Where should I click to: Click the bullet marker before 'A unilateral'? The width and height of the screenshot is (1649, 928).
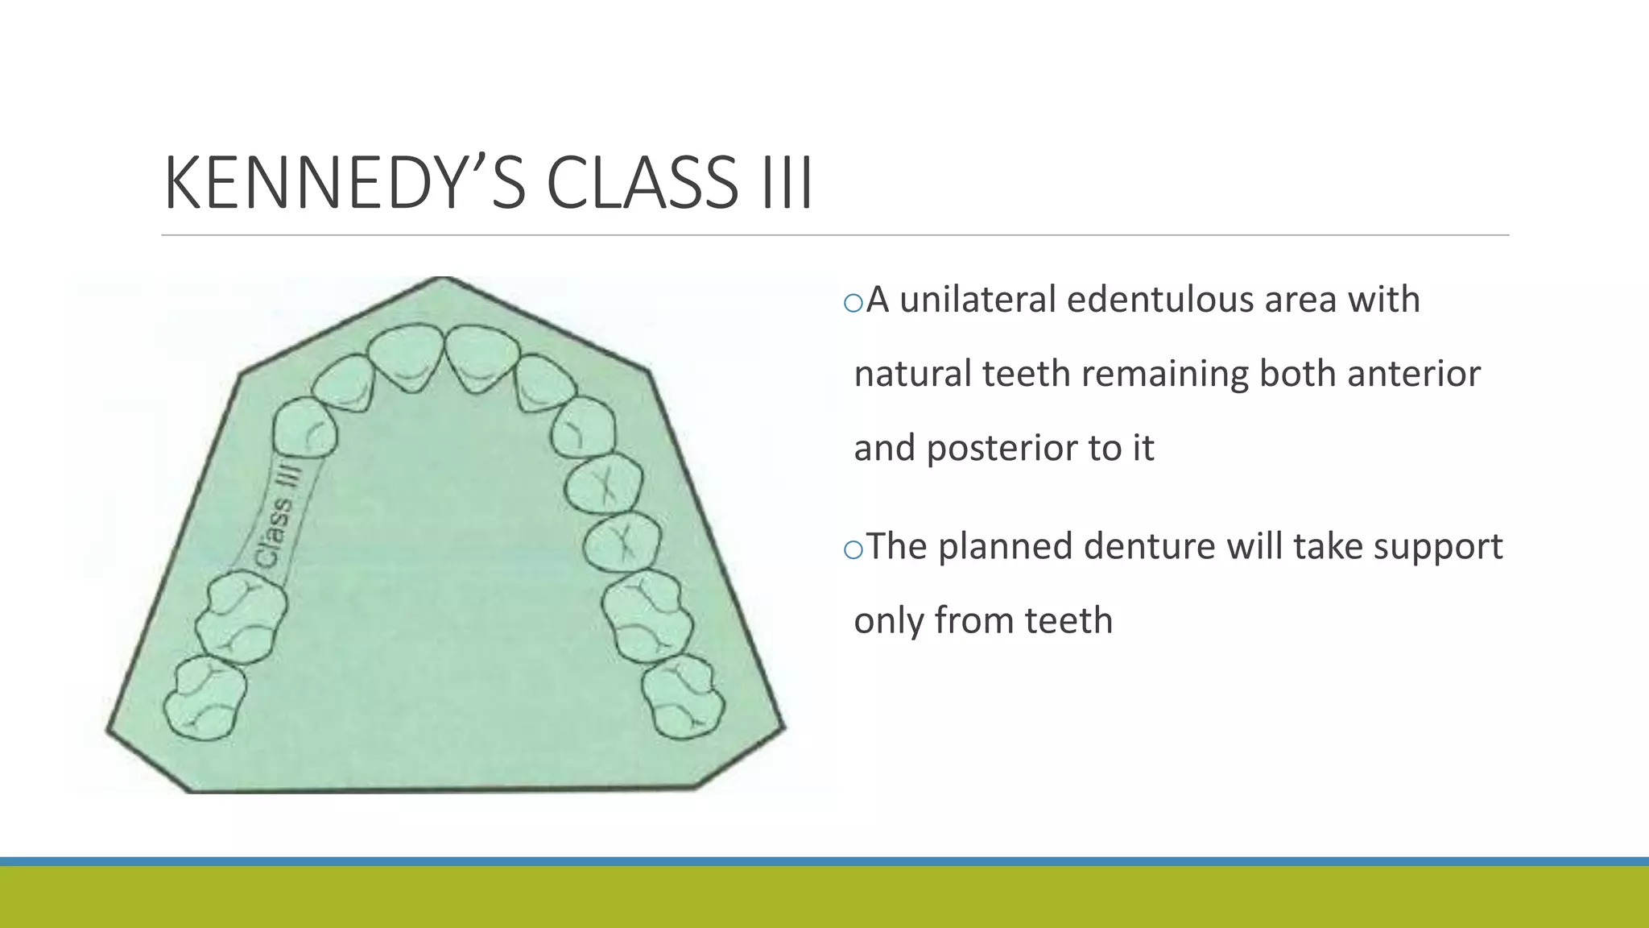click(x=853, y=303)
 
